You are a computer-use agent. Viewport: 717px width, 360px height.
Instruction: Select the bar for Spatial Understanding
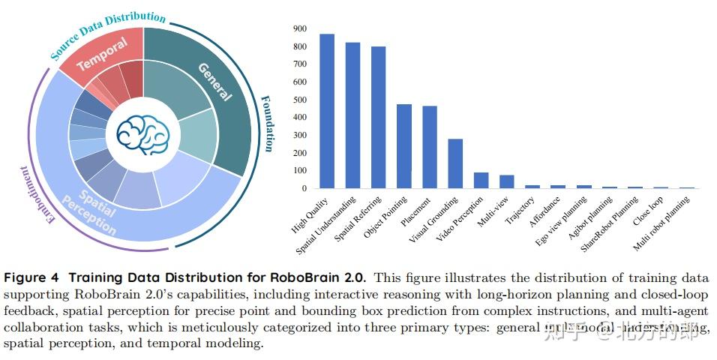352,115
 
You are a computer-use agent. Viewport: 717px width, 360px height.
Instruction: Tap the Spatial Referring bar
378,118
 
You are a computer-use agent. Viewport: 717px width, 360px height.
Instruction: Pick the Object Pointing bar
403,146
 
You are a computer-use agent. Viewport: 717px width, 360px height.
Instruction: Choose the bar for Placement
429,148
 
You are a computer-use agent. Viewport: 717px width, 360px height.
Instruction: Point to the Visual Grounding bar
455,163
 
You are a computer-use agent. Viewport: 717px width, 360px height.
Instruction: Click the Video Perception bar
481,181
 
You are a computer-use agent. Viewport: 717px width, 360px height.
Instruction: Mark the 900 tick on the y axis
300,28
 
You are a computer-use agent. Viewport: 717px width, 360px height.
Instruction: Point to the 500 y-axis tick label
300,99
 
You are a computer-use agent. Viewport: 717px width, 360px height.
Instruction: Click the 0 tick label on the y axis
304,188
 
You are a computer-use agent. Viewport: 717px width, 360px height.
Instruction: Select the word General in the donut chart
215,80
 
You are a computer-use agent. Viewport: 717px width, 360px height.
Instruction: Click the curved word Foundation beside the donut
267,123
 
